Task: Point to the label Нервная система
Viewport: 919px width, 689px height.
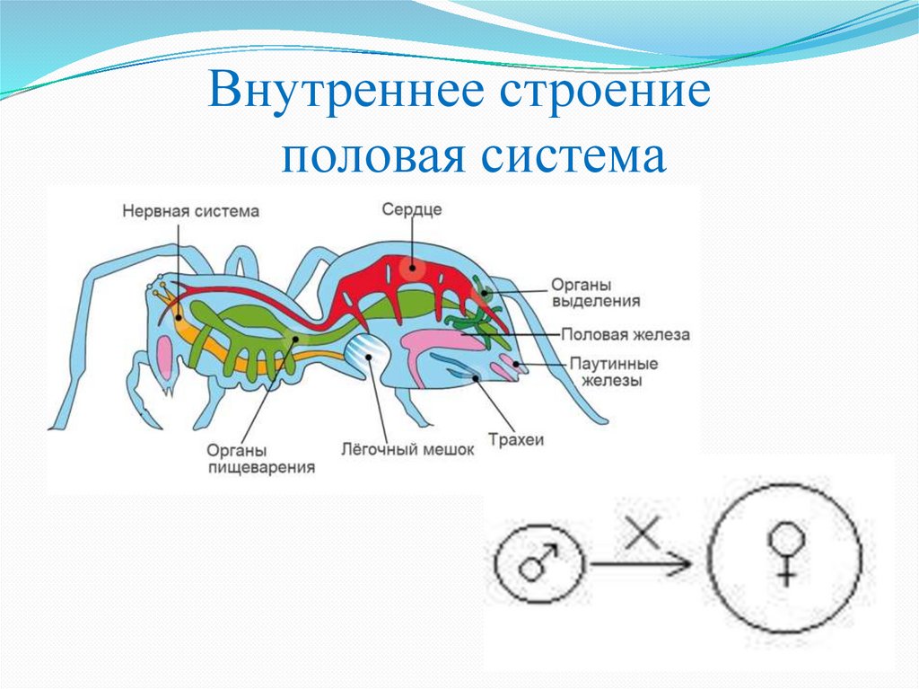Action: click(191, 211)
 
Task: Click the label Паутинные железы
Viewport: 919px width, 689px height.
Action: click(614, 372)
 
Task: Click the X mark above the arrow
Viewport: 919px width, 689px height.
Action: click(641, 534)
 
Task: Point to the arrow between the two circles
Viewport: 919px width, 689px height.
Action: click(642, 565)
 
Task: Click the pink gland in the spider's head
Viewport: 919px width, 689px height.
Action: click(165, 357)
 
